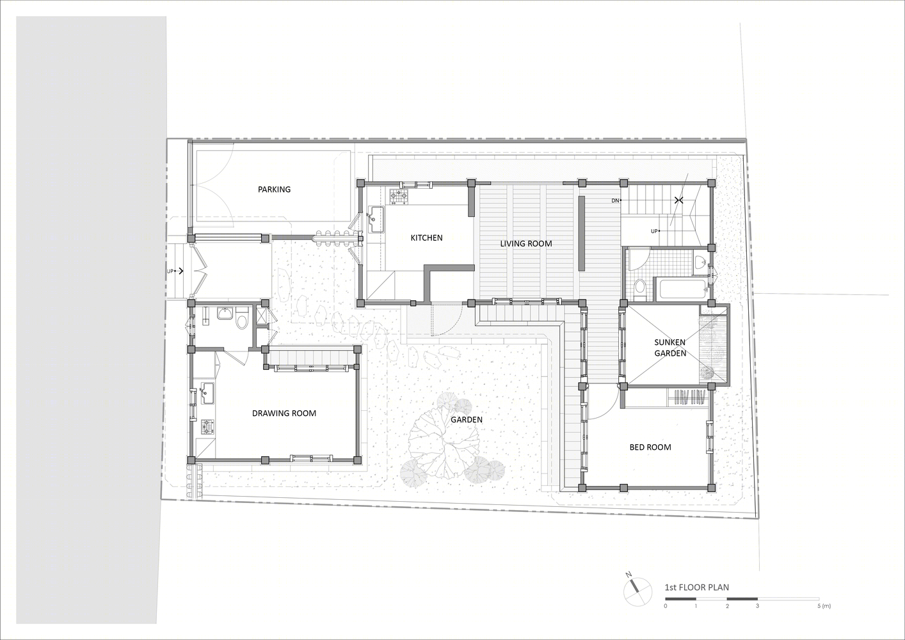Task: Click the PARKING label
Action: [x=275, y=189]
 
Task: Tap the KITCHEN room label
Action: [x=427, y=237]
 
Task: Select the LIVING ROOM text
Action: [x=526, y=244]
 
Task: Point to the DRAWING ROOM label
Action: [x=284, y=413]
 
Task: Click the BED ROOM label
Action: [x=650, y=447]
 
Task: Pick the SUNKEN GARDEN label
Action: [x=670, y=348]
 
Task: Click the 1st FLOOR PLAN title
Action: [x=697, y=587]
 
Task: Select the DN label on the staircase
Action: [x=615, y=200]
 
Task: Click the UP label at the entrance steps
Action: [x=170, y=271]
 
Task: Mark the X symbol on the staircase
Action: [x=678, y=200]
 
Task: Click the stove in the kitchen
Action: [x=398, y=196]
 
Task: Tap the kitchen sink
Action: [x=376, y=220]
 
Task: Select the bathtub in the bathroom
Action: [x=682, y=289]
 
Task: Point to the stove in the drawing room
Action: [x=207, y=427]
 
